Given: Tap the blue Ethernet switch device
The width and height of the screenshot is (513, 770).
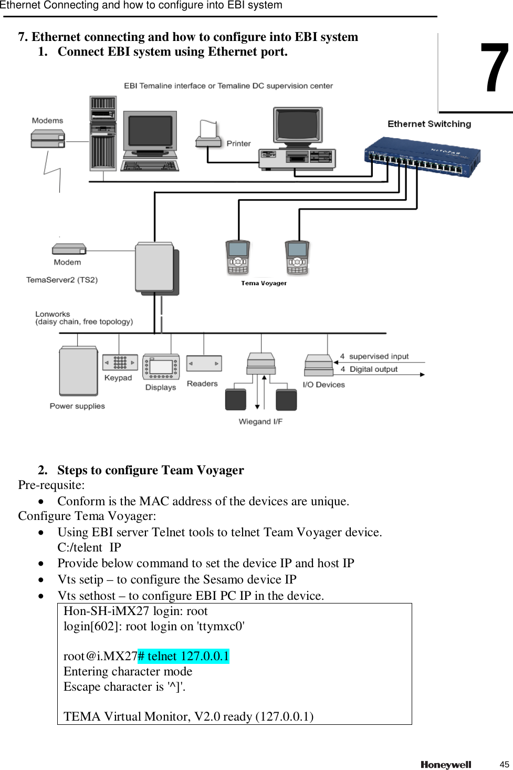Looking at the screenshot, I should pyautogui.click(x=422, y=157).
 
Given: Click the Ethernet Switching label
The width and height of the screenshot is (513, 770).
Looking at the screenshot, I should pyautogui.click(x=429, y=124).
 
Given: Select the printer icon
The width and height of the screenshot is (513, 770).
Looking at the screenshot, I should pyautogui.click(x=208, y=134).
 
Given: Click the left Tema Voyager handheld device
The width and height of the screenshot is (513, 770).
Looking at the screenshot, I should pyautogui.click(x=238, y=257).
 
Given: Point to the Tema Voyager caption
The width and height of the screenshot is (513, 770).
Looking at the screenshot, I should pyautogui.click(x=264, y=283).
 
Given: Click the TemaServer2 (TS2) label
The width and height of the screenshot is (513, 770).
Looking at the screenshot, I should pyautogui.click(x=62, y=280).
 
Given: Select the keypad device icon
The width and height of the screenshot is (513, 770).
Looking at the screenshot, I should pyautogui.click(x=120, y=362).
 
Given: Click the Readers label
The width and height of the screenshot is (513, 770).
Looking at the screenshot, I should pyautogui.click(x=202, y=384).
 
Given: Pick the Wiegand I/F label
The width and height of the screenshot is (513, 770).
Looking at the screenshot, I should pyautogui.click(x=260, y=421).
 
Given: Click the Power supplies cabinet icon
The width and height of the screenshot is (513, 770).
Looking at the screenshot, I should pyautogui.click(x=78, y=371).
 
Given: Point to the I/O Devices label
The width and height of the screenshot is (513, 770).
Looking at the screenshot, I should pyautogui.click(x=323, y=384).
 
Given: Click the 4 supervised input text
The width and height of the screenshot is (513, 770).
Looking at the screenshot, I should pyautogui.click(x=374, y=356).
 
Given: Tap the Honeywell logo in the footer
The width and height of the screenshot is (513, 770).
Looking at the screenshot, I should pyautogui.click(x=446, y=765).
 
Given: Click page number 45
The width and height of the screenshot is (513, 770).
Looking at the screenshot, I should pyautogui.click(x=504, y=764).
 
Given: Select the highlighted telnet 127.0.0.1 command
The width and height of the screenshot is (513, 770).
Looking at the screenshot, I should pyautogui.click(x=183, y=656).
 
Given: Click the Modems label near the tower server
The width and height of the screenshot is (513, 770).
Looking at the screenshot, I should pyautogui.click(x=47, y=120).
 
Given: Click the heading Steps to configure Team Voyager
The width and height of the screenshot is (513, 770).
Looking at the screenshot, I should pyautogui.click(x=150, y=470).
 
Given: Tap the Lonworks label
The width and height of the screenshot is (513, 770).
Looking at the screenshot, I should pyautogui.click(x=53, y=314).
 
